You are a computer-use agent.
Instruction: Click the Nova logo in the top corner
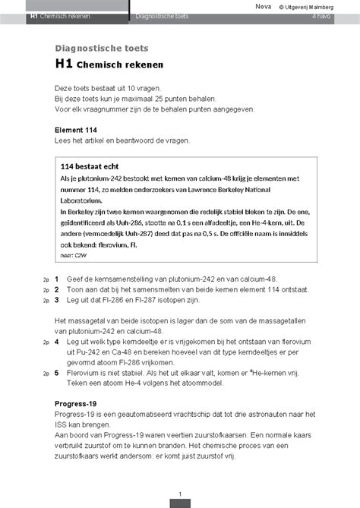point(262,6)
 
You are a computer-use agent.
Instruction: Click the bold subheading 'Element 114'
point(76,130)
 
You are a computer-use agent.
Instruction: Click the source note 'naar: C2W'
point(74,256)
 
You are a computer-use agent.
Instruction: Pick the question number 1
point(56,279)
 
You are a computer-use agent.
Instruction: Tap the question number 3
point(56,300)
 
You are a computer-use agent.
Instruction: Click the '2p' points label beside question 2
point(46,290)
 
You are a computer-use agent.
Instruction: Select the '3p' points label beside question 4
point(46,342)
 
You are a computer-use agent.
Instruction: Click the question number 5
point(56,374)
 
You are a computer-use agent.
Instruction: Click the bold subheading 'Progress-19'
point(78,403)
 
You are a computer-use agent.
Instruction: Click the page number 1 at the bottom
point(180,495)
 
